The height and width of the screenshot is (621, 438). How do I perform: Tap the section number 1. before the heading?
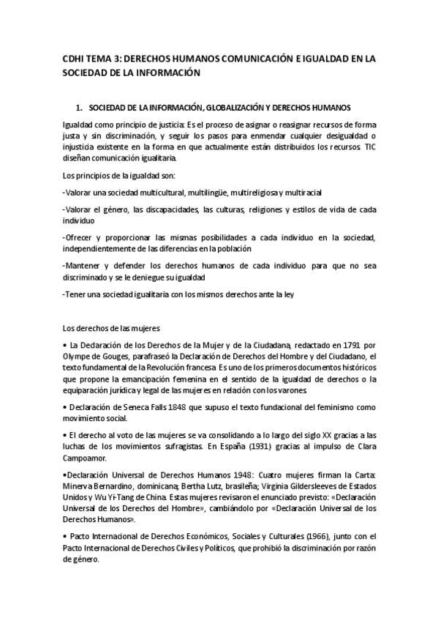pyautogui.click(x=89, y=107)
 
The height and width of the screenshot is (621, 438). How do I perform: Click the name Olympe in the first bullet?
pyautogui.click(x=78, y=357)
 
